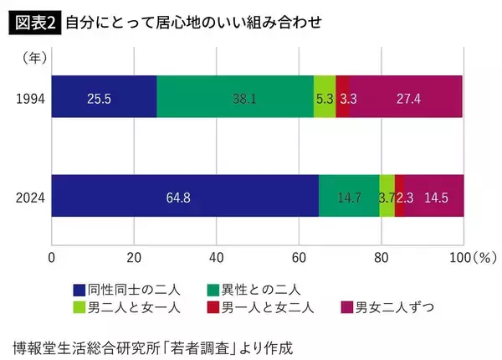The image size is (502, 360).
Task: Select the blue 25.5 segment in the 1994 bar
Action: [104, 98]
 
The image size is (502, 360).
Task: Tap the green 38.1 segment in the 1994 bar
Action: [235, 98]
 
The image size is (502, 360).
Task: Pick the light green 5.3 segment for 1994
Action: [325, 98]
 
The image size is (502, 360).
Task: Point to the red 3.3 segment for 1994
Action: [342, 98]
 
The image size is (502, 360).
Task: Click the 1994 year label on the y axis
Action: [30, 98]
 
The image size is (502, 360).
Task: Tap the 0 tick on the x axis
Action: [52, 257]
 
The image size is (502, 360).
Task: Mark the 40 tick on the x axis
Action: [216, 257]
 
